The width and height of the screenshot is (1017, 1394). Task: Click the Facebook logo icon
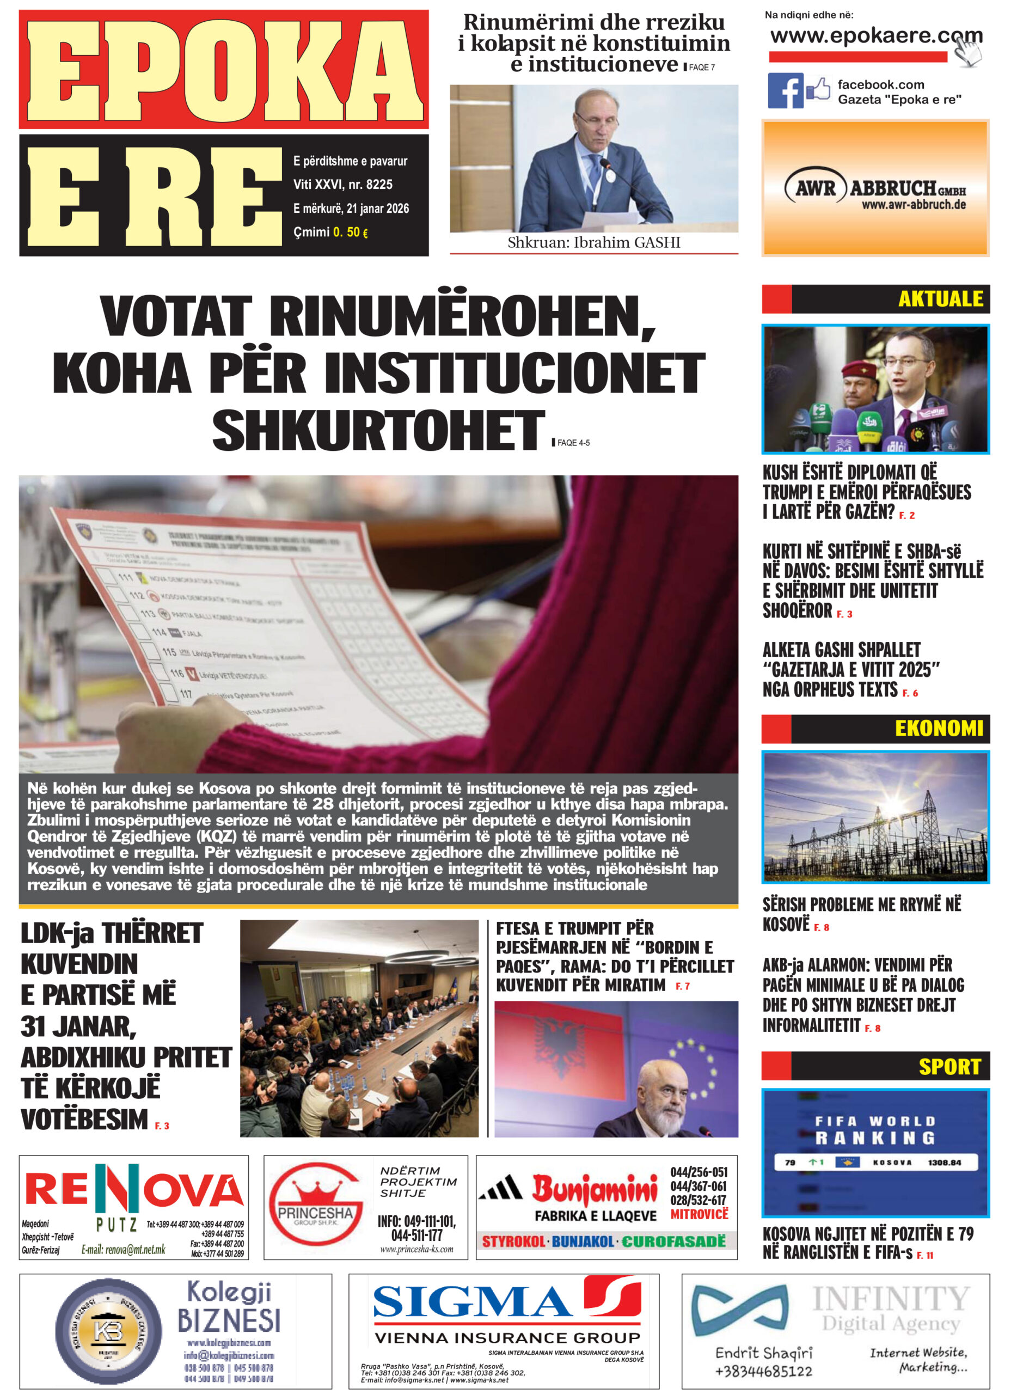point(785,90)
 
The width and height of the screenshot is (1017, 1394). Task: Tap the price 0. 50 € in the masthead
point(350,232)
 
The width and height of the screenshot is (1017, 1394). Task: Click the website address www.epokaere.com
point(875,36)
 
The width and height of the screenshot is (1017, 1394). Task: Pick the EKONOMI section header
point(938,729)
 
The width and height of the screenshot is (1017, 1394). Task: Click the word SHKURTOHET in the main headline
point(378,431)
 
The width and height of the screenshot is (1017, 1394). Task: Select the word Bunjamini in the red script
point(595,1189)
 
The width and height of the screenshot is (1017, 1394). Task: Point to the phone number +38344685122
point(763,1371)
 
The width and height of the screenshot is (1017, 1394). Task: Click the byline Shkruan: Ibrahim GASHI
point(593,243)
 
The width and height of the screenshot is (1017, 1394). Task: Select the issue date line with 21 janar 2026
point(351,209)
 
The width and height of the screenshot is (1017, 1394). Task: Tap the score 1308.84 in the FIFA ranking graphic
point(945,1163)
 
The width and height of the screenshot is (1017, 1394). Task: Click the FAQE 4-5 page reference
point(573,443)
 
